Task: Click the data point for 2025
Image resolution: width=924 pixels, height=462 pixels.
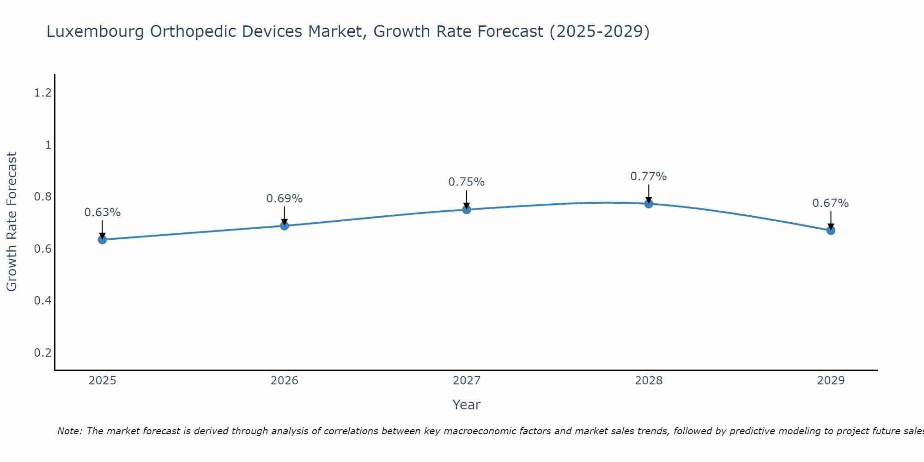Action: click(103, 239)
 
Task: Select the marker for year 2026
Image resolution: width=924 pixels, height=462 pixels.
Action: click(285, 225)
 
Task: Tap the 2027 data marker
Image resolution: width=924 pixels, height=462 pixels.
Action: click(467, 210)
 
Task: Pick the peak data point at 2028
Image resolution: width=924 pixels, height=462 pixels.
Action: click(649, 204)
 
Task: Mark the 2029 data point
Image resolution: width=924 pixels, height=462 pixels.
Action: click(831, 230)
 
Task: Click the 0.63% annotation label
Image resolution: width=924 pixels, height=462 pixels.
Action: click(103, 213)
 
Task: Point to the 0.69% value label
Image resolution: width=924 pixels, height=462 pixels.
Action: click(285, 199)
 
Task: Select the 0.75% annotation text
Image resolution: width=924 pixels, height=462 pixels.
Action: click(467, 182)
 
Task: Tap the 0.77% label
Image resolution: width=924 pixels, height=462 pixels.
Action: click(649, 176)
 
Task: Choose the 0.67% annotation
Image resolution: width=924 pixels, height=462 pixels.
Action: click(831, 203)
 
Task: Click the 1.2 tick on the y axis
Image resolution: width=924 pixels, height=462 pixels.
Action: click(43, 93)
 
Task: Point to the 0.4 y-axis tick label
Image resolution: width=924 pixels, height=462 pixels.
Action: click(43, 301)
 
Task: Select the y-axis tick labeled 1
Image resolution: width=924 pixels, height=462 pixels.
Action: click(48, 145)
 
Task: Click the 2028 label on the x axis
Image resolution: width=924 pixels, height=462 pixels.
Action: click(649, 381)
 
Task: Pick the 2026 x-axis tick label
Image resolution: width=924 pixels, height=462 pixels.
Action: click(285, 381)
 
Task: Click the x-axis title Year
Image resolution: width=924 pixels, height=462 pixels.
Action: click(467, 405)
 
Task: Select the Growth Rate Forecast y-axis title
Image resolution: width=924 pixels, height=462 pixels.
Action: click(12, 222)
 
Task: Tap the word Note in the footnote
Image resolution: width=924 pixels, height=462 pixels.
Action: click(69, 431)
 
